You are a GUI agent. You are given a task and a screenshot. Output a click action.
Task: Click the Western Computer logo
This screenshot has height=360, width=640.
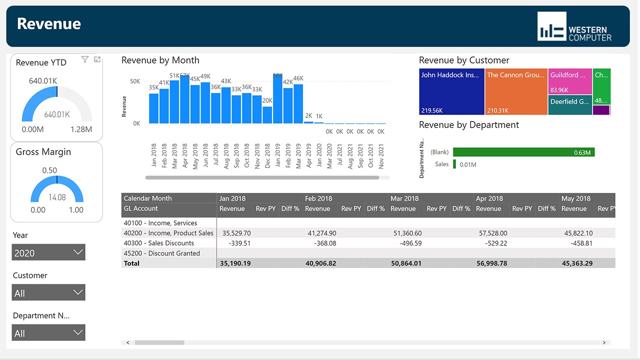point(574,26)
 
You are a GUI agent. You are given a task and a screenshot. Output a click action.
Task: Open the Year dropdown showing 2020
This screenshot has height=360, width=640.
point(48,252)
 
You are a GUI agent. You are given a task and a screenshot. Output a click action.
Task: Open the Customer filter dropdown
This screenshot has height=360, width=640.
point(48,292)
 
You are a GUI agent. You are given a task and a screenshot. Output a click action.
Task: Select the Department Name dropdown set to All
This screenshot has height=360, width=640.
point(48,332)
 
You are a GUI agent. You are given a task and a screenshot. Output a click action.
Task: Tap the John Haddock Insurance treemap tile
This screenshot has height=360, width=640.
point(451,92)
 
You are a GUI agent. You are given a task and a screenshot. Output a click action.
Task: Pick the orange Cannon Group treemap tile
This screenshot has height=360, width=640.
point(516,92)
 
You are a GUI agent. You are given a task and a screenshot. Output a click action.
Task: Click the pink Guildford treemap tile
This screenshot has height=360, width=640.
point(570,81)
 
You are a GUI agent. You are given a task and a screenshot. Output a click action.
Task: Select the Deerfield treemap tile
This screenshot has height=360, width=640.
point(570,105)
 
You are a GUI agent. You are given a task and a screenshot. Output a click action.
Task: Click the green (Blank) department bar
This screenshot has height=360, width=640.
point(523,152)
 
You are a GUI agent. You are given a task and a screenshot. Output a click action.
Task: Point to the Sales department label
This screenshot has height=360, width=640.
point(441,164)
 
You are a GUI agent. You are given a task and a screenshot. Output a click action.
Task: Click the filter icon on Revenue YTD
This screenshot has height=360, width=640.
point(85,59)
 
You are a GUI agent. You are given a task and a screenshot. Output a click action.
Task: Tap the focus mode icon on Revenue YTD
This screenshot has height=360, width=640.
point(97,59)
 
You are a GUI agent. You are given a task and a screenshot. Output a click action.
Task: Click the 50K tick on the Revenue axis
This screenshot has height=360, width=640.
point(135,81)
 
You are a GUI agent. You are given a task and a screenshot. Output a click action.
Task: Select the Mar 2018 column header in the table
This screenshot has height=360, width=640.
point(404,198)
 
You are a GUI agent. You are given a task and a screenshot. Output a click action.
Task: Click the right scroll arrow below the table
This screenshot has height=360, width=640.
point(604,342)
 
